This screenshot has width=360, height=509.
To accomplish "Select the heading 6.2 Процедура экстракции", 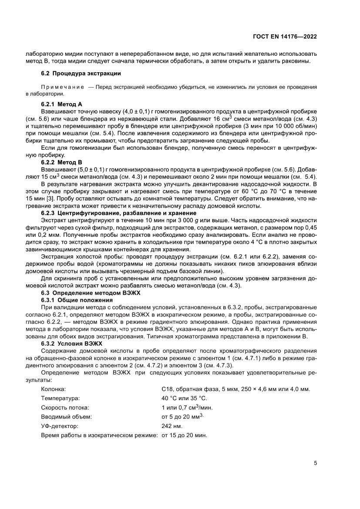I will (x=81, y=73).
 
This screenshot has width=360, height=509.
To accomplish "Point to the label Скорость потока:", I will (x=65, y=408).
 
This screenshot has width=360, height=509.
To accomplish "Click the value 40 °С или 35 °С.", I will (x=184, y=398).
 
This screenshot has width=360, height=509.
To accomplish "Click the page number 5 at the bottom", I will (x=315, y=463).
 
